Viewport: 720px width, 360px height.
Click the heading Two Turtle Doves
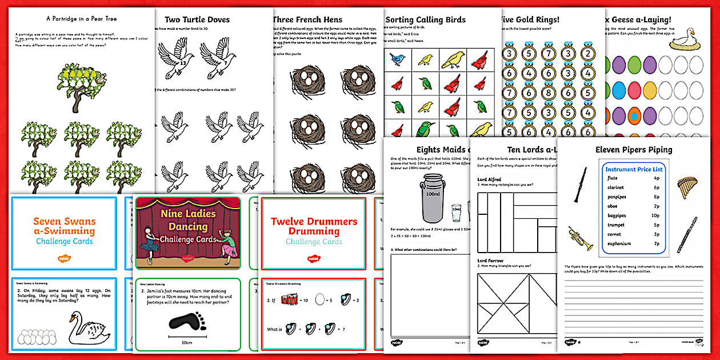(x=197, y=19)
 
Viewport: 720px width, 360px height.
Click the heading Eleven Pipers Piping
(x=634, y=150)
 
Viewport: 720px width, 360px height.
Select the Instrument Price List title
(x=634, y=170)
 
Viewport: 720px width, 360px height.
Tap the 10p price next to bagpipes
(x=655, y=215)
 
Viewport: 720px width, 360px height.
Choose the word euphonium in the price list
(x=619, y=243)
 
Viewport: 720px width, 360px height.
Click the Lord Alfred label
(x=489, y=179)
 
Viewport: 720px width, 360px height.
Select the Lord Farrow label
(x=490, y=261)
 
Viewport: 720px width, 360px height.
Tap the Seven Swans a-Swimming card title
(x=65, y=226)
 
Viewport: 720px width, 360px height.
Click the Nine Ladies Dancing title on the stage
(x=188, y=220)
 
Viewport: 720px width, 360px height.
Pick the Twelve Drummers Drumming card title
(x=314, y=226)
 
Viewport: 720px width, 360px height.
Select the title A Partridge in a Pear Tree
(x=81, y=18)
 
